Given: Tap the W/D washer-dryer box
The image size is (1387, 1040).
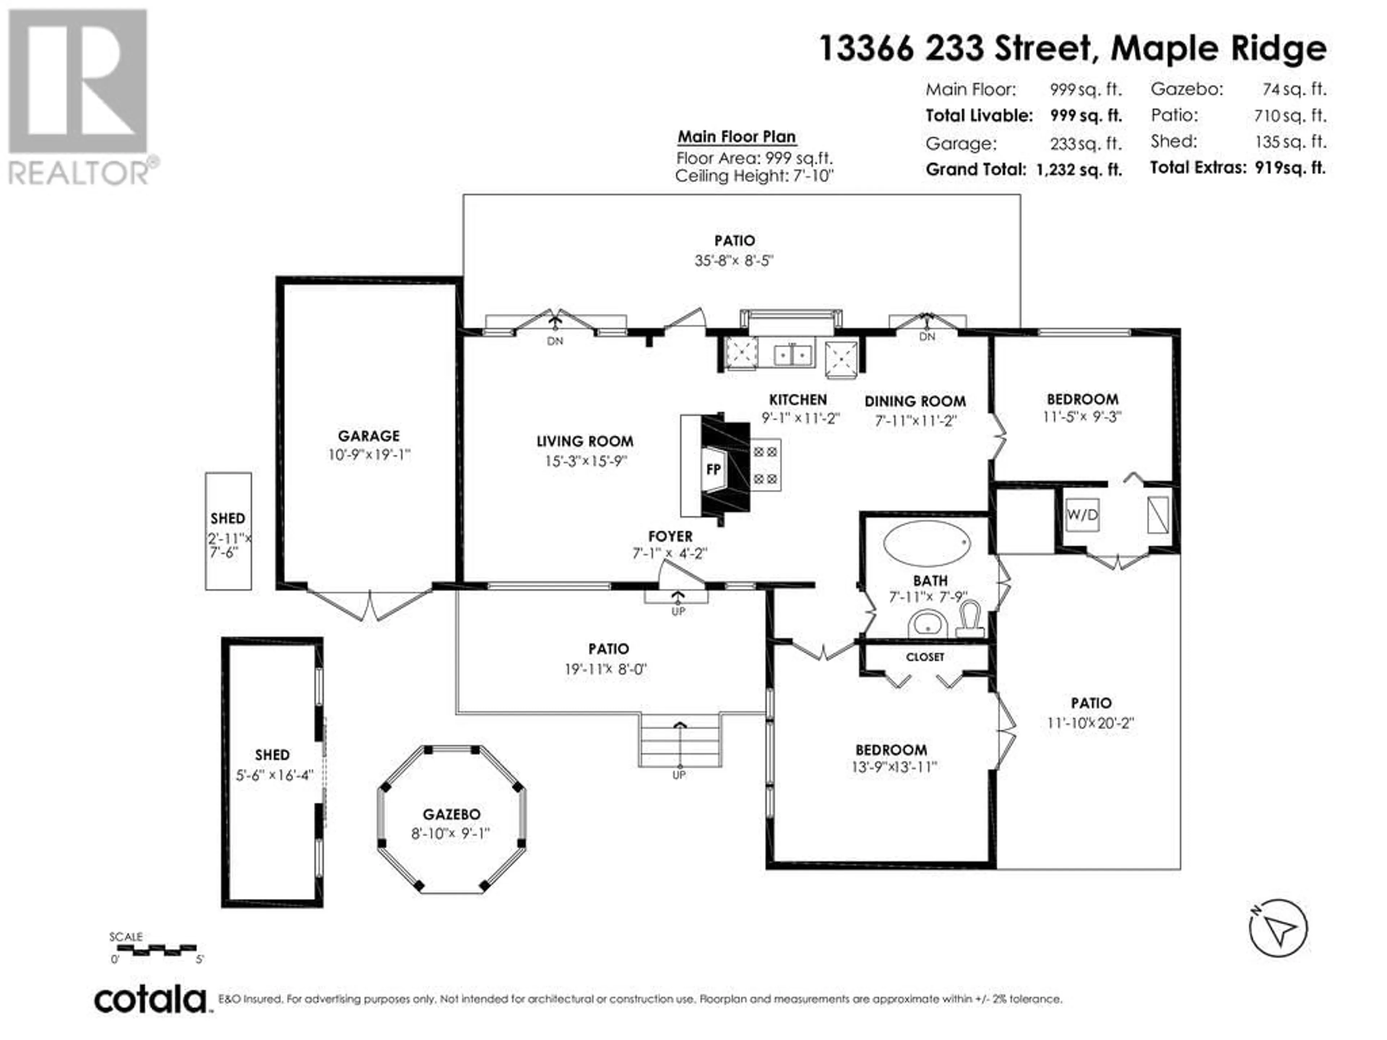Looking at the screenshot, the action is tap(1082, 515).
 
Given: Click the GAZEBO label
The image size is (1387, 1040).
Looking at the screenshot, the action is tap(451, 814).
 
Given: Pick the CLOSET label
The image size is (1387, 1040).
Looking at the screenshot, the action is tap(925, 657).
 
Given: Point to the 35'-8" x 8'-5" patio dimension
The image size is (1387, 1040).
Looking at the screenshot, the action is tap(734, 260).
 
